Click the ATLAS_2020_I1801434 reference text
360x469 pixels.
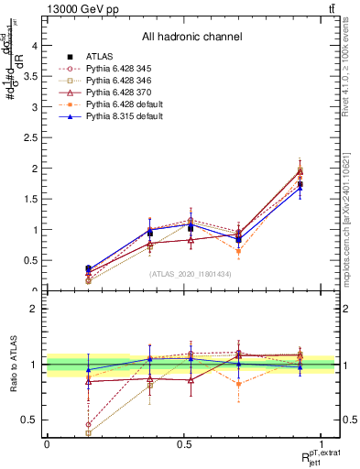[191, 274]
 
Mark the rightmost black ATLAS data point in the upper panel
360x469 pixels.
[300, 184]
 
